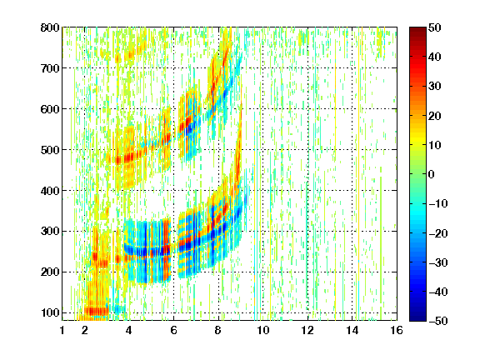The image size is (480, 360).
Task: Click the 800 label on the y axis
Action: point(50,27)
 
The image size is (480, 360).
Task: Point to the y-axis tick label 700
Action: point(50,68)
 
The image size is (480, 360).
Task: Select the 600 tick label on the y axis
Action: point(50,109)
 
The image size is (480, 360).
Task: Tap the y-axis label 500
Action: point(50,150)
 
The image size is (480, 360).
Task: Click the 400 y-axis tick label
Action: point(50,191)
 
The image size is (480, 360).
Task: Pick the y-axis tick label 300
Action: point(50,232)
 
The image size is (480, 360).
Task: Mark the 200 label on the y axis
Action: point(50,272)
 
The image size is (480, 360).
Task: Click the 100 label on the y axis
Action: point(50,312)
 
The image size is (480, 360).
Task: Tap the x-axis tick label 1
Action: point(62,330)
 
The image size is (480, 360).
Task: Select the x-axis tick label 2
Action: point(85,330)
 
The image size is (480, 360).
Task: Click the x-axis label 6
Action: point(174,330)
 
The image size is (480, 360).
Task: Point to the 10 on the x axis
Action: point(263,330)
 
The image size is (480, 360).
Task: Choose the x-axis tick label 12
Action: point(307,330)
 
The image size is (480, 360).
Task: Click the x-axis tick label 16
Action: point(397,330)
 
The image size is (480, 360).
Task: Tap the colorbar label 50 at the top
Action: point(434,27)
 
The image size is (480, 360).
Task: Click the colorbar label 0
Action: point(432,174)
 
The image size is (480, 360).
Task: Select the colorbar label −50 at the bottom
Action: point(438,321)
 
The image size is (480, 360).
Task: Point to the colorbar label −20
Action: point(438,233)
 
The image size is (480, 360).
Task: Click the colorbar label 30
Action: point(434,87)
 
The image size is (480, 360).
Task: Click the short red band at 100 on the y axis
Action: point(97,312)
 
